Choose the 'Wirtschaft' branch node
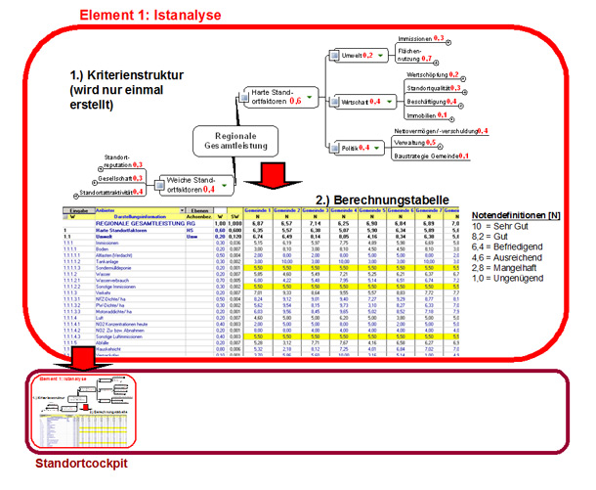pyautogui.click(x=358, y=101)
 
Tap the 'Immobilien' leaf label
pyautogui.click(x=426, y=114)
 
